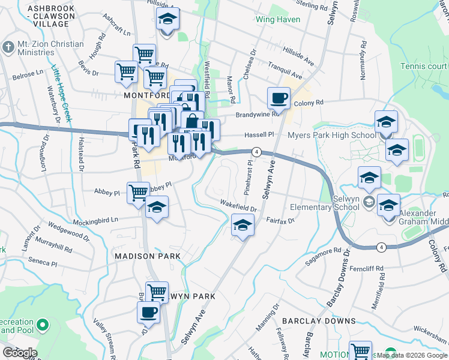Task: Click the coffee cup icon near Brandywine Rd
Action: pyautogui.click(x=279, y=98)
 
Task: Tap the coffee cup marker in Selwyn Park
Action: pyautogui.click(x=149, y=312)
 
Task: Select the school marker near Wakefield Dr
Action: pyautogui.click(x=243, y=226)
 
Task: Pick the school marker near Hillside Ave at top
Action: pyautogui.click(x=168, y=20)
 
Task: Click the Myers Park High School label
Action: pyautogui.click(x=331, y=135)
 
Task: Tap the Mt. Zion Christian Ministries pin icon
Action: pyautogui.click(x=8, y=47)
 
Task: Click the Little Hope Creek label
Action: pyautogui.click(x=61, y=94)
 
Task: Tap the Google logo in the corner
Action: pyautogui.click(x=19, y=353)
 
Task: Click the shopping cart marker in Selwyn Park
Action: pyautogui.click(x=157, y=293)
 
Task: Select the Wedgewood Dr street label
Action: pyautogui.click(x=68, y=230)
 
